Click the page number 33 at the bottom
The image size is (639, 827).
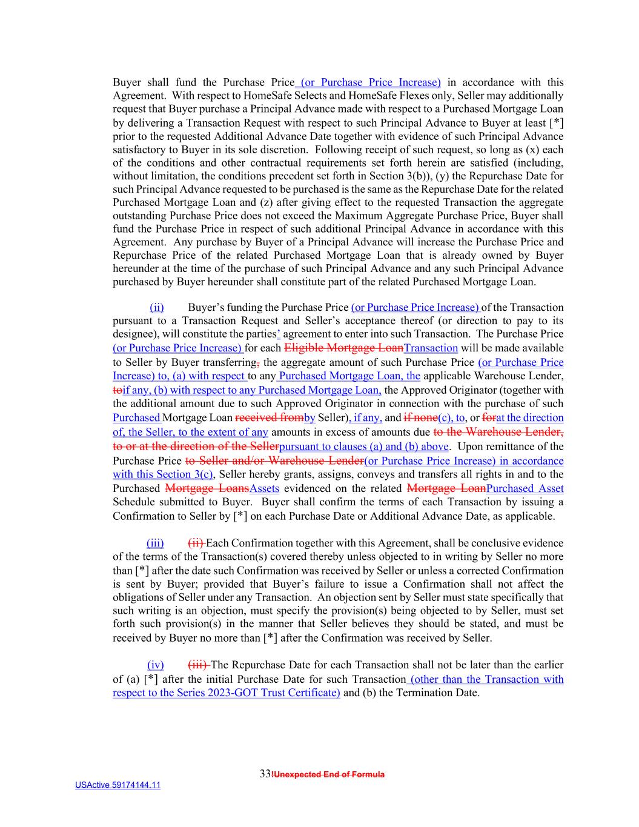pyautogui.click(x=265, y=774)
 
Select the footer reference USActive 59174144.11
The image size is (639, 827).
pyautogui.click(x=118, y=785)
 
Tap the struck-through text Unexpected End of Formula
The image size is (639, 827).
pyautogui.click(x=329, y=774)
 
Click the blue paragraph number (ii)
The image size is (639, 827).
pyautogui.click(x=157, y=307)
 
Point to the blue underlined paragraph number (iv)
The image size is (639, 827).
pyautogui.click(x=156, y=665)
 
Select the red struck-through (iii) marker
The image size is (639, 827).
pyautogui.click(x=199, y=665)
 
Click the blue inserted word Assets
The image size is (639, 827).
pyautogui.click(x=264, y=488)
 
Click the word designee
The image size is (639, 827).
pyautogui.click(x=131, y=334)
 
